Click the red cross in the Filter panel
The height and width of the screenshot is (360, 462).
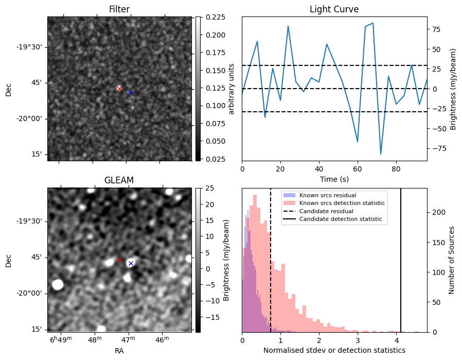tap(119, 89)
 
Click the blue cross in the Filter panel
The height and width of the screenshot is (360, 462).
tap(130, 92)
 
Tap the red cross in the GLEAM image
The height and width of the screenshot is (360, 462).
tap(120, 260)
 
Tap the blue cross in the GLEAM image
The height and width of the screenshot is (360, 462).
tap(131, 263)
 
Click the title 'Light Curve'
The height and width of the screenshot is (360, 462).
tap(334, 9)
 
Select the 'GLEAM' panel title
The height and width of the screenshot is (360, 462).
tap(119, 180)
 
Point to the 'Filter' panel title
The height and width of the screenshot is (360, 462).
tap(119, 9)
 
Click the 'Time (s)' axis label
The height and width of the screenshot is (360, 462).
tap(334, 178)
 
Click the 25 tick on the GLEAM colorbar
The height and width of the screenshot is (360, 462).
tap(207, 188)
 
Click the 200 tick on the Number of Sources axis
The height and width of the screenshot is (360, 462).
tap(437, 212)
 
